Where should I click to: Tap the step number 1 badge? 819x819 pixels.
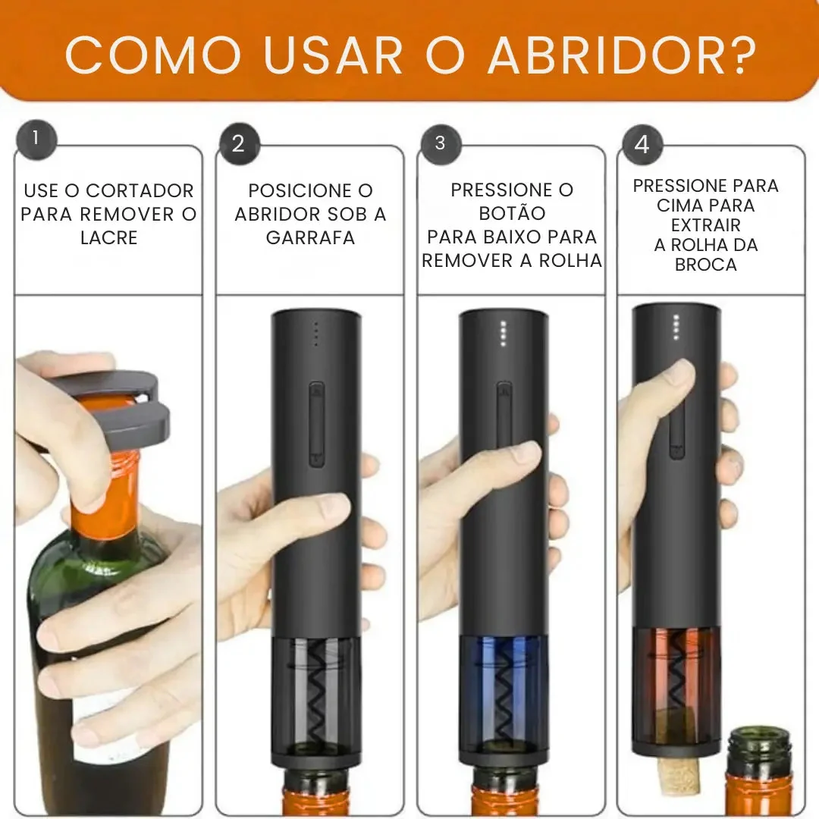click(35, 139)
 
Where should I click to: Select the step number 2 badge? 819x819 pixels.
click(239, 144)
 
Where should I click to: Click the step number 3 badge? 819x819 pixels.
click(440, 143)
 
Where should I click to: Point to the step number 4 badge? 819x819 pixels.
click(642, 144)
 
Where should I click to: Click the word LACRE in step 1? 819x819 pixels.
click(108, 237)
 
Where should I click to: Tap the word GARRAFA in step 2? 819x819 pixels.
click(310, 237)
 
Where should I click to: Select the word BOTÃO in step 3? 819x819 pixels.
click(512, 214)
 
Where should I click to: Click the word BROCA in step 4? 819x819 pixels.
click(705, 265)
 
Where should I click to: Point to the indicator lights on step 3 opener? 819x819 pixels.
click(502, 333)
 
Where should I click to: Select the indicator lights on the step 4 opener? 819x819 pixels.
click(676, 327)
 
